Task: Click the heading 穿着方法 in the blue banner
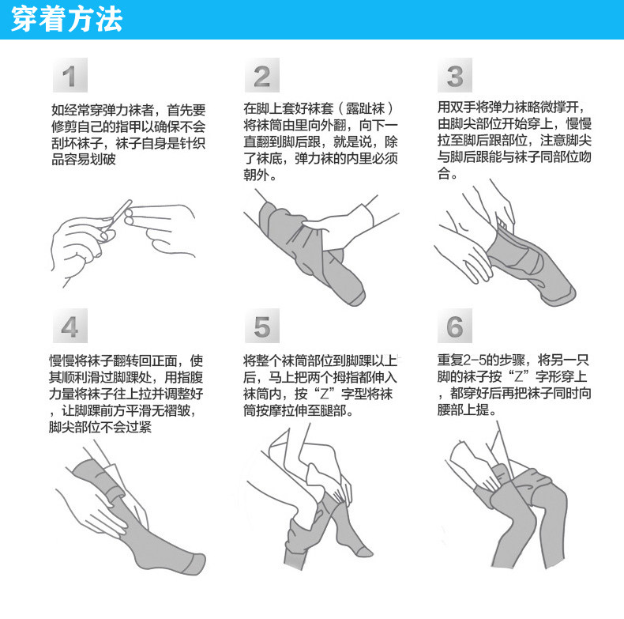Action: click(x=66, y=19)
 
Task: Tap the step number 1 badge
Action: click(x=70, y=75)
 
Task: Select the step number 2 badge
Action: click(x=262, y=75)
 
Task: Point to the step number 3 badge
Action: click(x=455, y=75)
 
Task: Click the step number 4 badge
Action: click(x=70, y=326)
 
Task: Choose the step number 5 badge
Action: click(x=262, y=326)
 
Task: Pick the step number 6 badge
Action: click(x=455, y=326)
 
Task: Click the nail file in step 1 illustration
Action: click(x=118, y=217)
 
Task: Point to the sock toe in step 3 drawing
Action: click(x=561, y=296)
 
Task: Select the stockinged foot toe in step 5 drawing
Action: click(x=363, y=551)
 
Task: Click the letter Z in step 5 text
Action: click(x=324, y=394)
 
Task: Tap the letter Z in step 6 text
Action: click(x=518, y=376)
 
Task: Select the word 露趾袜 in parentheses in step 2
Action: click(x=366, y=108)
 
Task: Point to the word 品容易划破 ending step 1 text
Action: click(x=84, y=160)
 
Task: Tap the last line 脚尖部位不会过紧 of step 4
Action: click(x=100, y=427)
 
